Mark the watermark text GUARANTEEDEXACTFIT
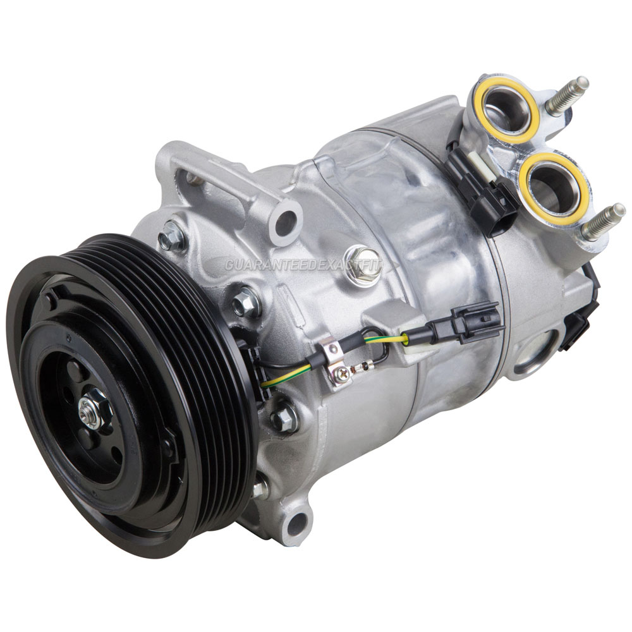[x=303, y=265]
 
